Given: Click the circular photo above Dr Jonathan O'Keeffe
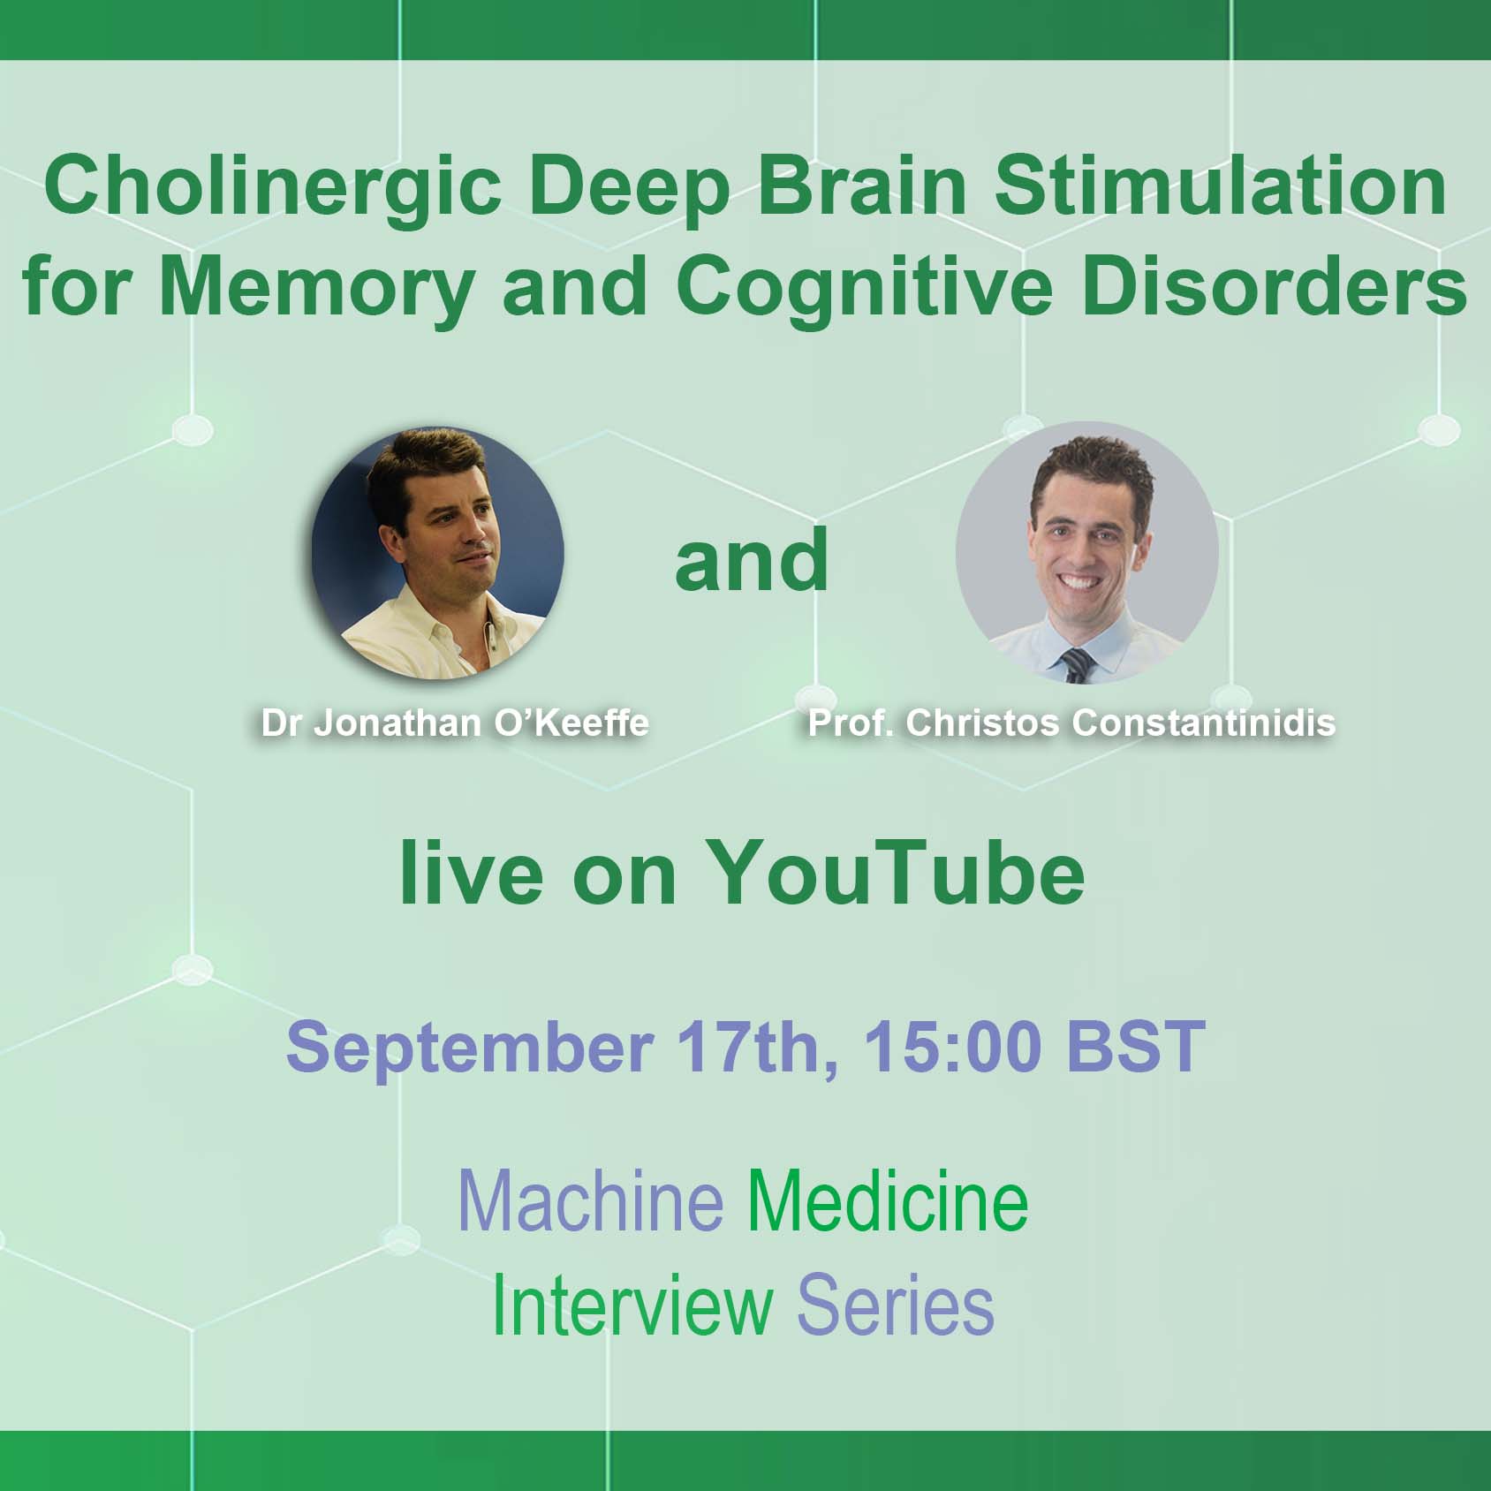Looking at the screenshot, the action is click(437, 554).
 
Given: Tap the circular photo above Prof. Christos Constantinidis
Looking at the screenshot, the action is click(1086, 552).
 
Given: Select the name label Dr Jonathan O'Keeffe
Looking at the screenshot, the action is click(455, 723).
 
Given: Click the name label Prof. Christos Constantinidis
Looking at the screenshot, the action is click(1071, 723).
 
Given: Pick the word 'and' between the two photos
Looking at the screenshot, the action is click(752, 559).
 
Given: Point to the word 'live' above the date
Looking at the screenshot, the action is click(472, 872).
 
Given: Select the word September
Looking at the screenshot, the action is click(469, 1048).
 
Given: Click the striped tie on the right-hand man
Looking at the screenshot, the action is click(1077, 665).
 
